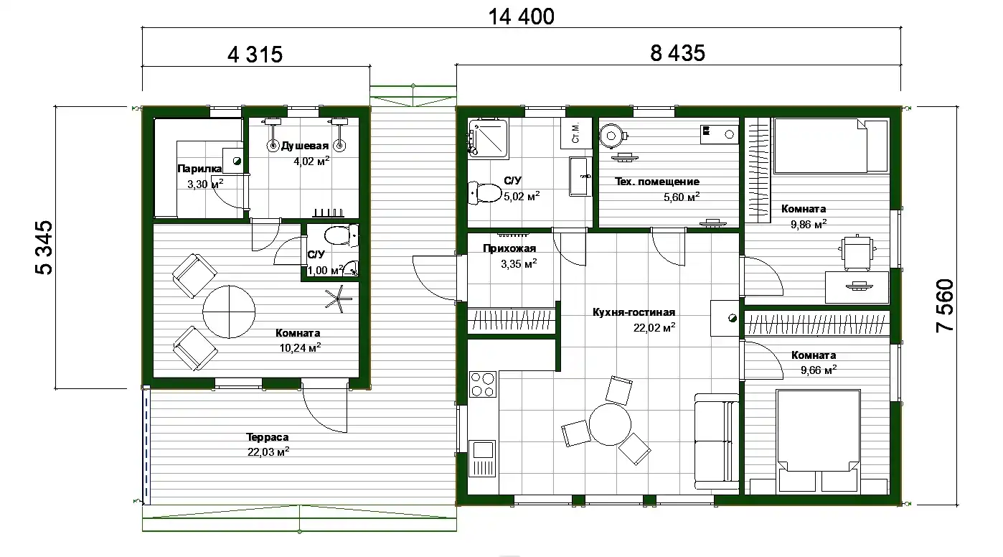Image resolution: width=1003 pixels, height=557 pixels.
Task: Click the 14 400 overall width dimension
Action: (521, 17)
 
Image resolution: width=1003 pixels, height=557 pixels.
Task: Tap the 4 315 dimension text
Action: (255, 55)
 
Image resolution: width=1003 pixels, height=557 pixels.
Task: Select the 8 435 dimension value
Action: (677, 53)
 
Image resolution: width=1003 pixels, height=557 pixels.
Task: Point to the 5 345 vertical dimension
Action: (44, 248)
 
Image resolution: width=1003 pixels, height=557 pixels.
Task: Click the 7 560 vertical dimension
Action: (945, 306)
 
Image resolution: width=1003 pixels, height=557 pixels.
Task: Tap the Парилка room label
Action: (199, 169)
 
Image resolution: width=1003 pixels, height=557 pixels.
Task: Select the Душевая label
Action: (305, 146)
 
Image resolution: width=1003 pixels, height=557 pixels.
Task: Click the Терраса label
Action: (268, 437)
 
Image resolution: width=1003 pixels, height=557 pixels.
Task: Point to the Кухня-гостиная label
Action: (634, 312)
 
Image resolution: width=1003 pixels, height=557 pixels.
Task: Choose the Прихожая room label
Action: (509, 248)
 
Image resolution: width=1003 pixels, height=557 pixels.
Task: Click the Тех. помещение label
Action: (657, 182)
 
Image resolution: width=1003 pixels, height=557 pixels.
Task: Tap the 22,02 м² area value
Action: (654, 327)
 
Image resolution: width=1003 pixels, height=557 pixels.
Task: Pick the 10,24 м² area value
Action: (300, 347)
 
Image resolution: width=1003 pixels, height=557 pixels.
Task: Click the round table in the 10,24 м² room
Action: (229, 312)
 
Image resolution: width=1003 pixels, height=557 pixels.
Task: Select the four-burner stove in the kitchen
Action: (483, 385)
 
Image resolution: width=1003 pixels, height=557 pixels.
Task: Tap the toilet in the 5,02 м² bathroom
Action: (484, 193)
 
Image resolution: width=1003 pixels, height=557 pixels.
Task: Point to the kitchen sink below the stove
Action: (482, 459)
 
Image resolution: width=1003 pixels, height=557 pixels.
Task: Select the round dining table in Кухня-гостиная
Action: (610, 424)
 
